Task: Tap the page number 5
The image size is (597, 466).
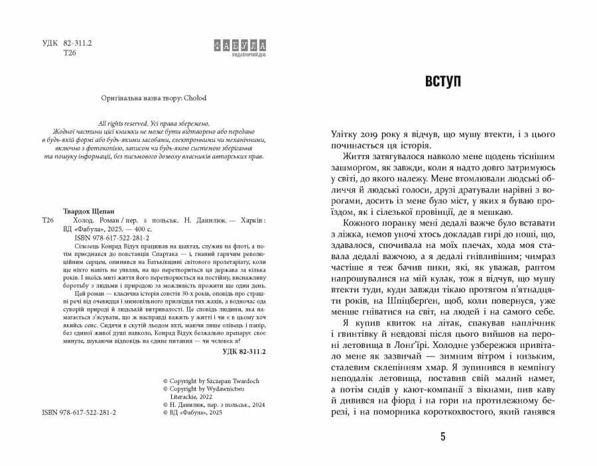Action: (x=442, y=437)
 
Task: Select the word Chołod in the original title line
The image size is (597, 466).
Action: (x=195, y=97)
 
